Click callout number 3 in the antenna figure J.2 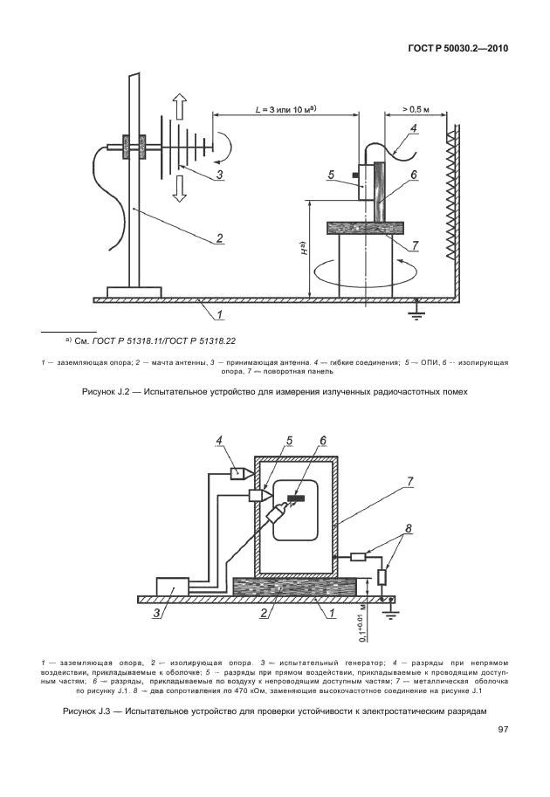click(220, 175)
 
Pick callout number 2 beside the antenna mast click(220, 237)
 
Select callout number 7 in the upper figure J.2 click(415, 244)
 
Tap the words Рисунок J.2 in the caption click(106, 392)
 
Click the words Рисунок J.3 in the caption click(91, 712)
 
